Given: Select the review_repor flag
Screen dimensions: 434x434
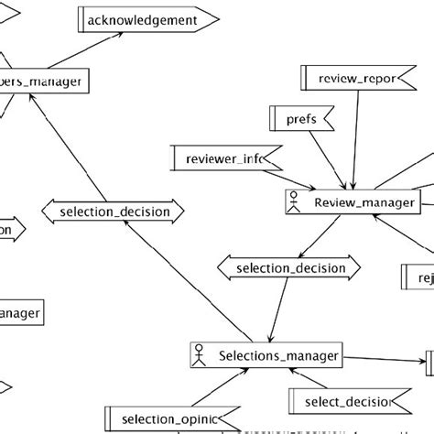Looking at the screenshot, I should click(353, 79).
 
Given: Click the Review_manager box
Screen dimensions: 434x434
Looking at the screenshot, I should click(352, 202).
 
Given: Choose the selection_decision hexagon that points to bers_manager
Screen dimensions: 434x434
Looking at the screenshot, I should click(114, 212).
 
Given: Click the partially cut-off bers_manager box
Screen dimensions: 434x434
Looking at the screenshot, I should click(46, 82).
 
